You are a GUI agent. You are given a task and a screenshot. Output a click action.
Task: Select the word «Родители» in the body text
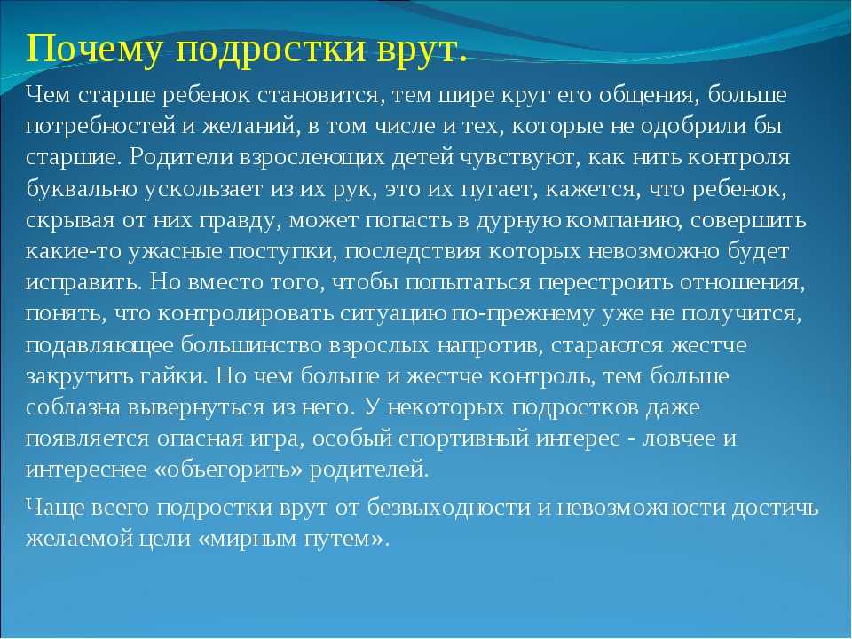pyautogui.click(x=181, y=158)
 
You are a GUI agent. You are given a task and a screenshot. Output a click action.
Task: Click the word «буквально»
pyautogui.click(x=82, y=188)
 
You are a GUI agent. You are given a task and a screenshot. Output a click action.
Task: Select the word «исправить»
pyautogui.click(x=84, y=283)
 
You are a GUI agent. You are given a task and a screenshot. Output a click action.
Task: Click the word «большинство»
pyautogui.click(x=251, y=345)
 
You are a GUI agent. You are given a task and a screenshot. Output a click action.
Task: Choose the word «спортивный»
pyautogui.click(x=463, y=438)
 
